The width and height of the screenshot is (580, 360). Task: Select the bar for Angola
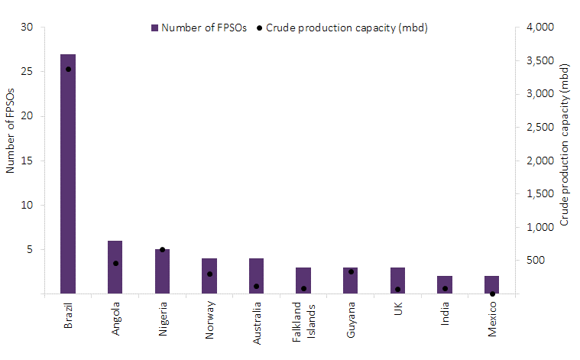tap(115, 267)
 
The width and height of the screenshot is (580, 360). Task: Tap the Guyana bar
tap(350, 280)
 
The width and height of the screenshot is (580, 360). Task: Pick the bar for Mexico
tap(491, 284)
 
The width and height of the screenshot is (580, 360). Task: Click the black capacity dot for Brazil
tap(68, 69)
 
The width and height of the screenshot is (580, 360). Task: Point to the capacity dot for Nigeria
tap(162, 250)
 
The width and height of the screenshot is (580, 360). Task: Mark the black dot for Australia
tap(256, 287)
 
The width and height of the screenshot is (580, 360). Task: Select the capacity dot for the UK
tap(397, 289)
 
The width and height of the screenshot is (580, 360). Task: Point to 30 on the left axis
tap(28, 28)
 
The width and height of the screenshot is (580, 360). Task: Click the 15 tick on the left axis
tap(28, 161)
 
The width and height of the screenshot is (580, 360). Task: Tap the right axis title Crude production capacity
tap(565, 144)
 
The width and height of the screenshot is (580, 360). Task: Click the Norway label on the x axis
tap(209, 314)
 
